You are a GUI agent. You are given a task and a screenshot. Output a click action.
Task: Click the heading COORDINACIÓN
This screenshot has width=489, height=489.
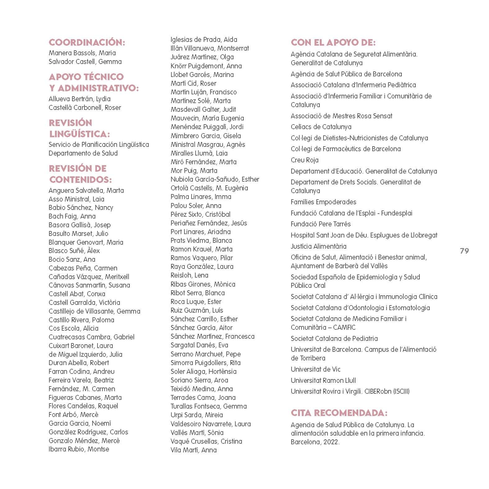tap(87, 42)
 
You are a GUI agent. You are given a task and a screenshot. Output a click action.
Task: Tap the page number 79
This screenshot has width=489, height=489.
tap(464, 251)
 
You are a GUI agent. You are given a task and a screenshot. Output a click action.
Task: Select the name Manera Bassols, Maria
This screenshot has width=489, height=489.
tap(82, 53)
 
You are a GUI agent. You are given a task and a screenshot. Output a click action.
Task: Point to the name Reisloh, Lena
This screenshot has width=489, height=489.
tap(189, 275)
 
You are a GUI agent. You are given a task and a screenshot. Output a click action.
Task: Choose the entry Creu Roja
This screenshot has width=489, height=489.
tap(305, 160)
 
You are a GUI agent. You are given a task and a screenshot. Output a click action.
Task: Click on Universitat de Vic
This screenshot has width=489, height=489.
tap(315, 369)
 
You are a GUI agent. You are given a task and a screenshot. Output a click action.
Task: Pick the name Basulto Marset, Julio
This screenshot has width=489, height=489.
tap(79, 233)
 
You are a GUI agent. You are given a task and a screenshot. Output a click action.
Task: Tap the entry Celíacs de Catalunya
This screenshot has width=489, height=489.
tap(321, 127)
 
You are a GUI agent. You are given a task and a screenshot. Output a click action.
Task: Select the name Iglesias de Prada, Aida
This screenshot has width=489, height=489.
tap(204, 39)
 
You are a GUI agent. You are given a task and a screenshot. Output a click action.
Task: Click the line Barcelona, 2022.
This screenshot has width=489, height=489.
tap(315, 442)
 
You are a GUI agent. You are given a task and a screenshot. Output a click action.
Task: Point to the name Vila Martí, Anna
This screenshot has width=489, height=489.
tap(193, 450)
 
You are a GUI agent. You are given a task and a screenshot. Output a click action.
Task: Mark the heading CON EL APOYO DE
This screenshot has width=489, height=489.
tap(333, 42)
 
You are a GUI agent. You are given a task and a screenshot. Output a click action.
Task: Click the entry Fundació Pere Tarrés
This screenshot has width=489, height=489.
tap(321, 224)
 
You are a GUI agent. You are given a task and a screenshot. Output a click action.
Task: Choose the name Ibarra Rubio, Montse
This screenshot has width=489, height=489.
tap(79, 449)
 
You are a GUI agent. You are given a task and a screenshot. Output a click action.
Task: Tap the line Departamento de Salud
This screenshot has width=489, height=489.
tap(83, 153)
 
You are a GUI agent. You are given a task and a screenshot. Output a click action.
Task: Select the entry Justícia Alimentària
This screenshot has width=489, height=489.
tap(319, 246)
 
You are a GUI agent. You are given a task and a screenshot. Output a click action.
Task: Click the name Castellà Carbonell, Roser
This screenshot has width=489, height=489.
tap(85, 107)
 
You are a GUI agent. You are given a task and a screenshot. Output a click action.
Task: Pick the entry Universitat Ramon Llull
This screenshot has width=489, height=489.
tap(323, 380)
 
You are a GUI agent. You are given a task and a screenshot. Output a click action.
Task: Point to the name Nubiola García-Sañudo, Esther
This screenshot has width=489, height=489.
tap(215, 179)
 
